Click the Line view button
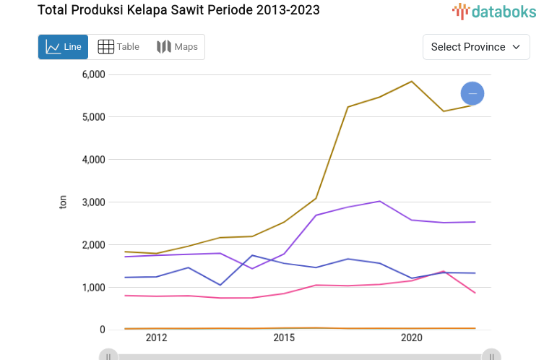[x=63, y=47]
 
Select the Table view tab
[x=118, y=47]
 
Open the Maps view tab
[x=177, y=47]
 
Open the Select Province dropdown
[x=475, y=47]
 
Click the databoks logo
[x=494, y=11]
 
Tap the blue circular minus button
[x=472, y=93]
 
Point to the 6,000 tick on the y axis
[x=93, y=74]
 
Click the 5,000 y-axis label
[x=93, y=117]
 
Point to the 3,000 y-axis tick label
[x=93, y=202]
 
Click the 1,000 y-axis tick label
[x=93, y=288]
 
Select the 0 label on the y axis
[x=102, y=330]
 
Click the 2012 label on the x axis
[x=156, y=338]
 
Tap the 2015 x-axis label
[x=284, y=338]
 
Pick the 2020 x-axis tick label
[x=411, y=338]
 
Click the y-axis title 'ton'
[x=63, y=202]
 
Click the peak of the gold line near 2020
[x=411, y=81]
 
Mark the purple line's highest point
[x=380, y=201]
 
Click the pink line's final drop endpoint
[x=475, y=293]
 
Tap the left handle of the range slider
[x=108, y=356]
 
